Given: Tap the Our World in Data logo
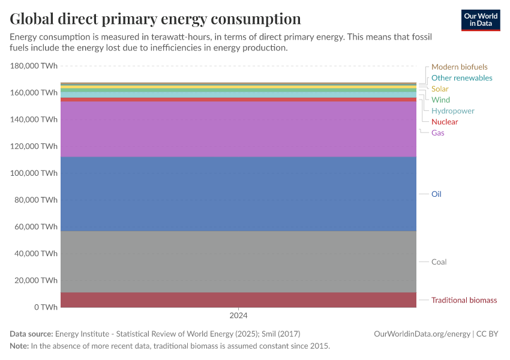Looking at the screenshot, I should point(480,20).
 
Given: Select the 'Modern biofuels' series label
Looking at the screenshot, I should point(459,67).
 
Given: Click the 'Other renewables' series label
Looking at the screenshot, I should point(461,78).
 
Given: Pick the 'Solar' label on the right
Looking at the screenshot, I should point(440,89).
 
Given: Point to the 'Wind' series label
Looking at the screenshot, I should point(440,100).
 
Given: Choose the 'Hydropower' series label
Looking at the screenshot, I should point(452,111).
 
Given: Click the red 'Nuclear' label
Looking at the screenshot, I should point(444,122).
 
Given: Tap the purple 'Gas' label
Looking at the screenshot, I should point(437,133).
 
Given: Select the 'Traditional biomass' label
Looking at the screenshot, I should point(464,300).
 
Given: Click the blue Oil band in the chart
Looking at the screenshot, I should point(238,194).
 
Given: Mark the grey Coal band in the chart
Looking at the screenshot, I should point(238,262).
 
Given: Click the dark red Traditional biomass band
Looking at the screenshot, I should point(238,300).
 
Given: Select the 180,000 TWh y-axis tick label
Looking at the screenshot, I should point(34,66).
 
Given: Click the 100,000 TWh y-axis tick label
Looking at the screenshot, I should point(34,173).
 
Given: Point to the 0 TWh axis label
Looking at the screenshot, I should point(46,307).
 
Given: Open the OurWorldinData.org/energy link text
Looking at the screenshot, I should point(421,334).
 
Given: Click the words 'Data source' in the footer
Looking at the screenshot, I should point(31,334).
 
